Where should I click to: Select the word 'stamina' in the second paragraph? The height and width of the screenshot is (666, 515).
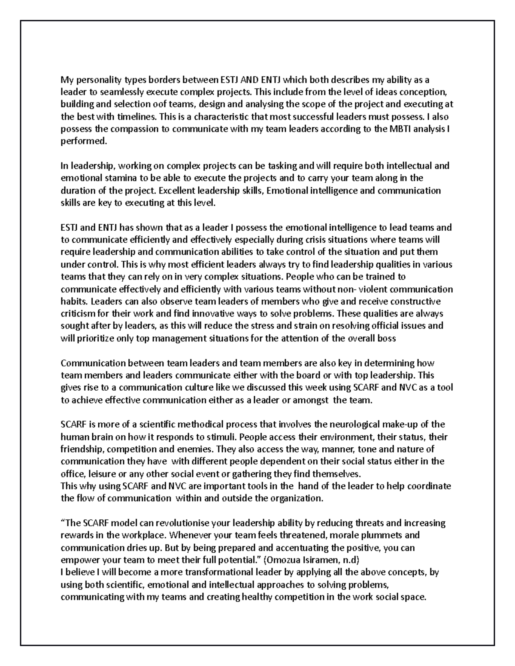pyautogui.click(x=118, y=178)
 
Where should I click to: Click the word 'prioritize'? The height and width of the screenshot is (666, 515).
pyautogui.click(x=95, y=338)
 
